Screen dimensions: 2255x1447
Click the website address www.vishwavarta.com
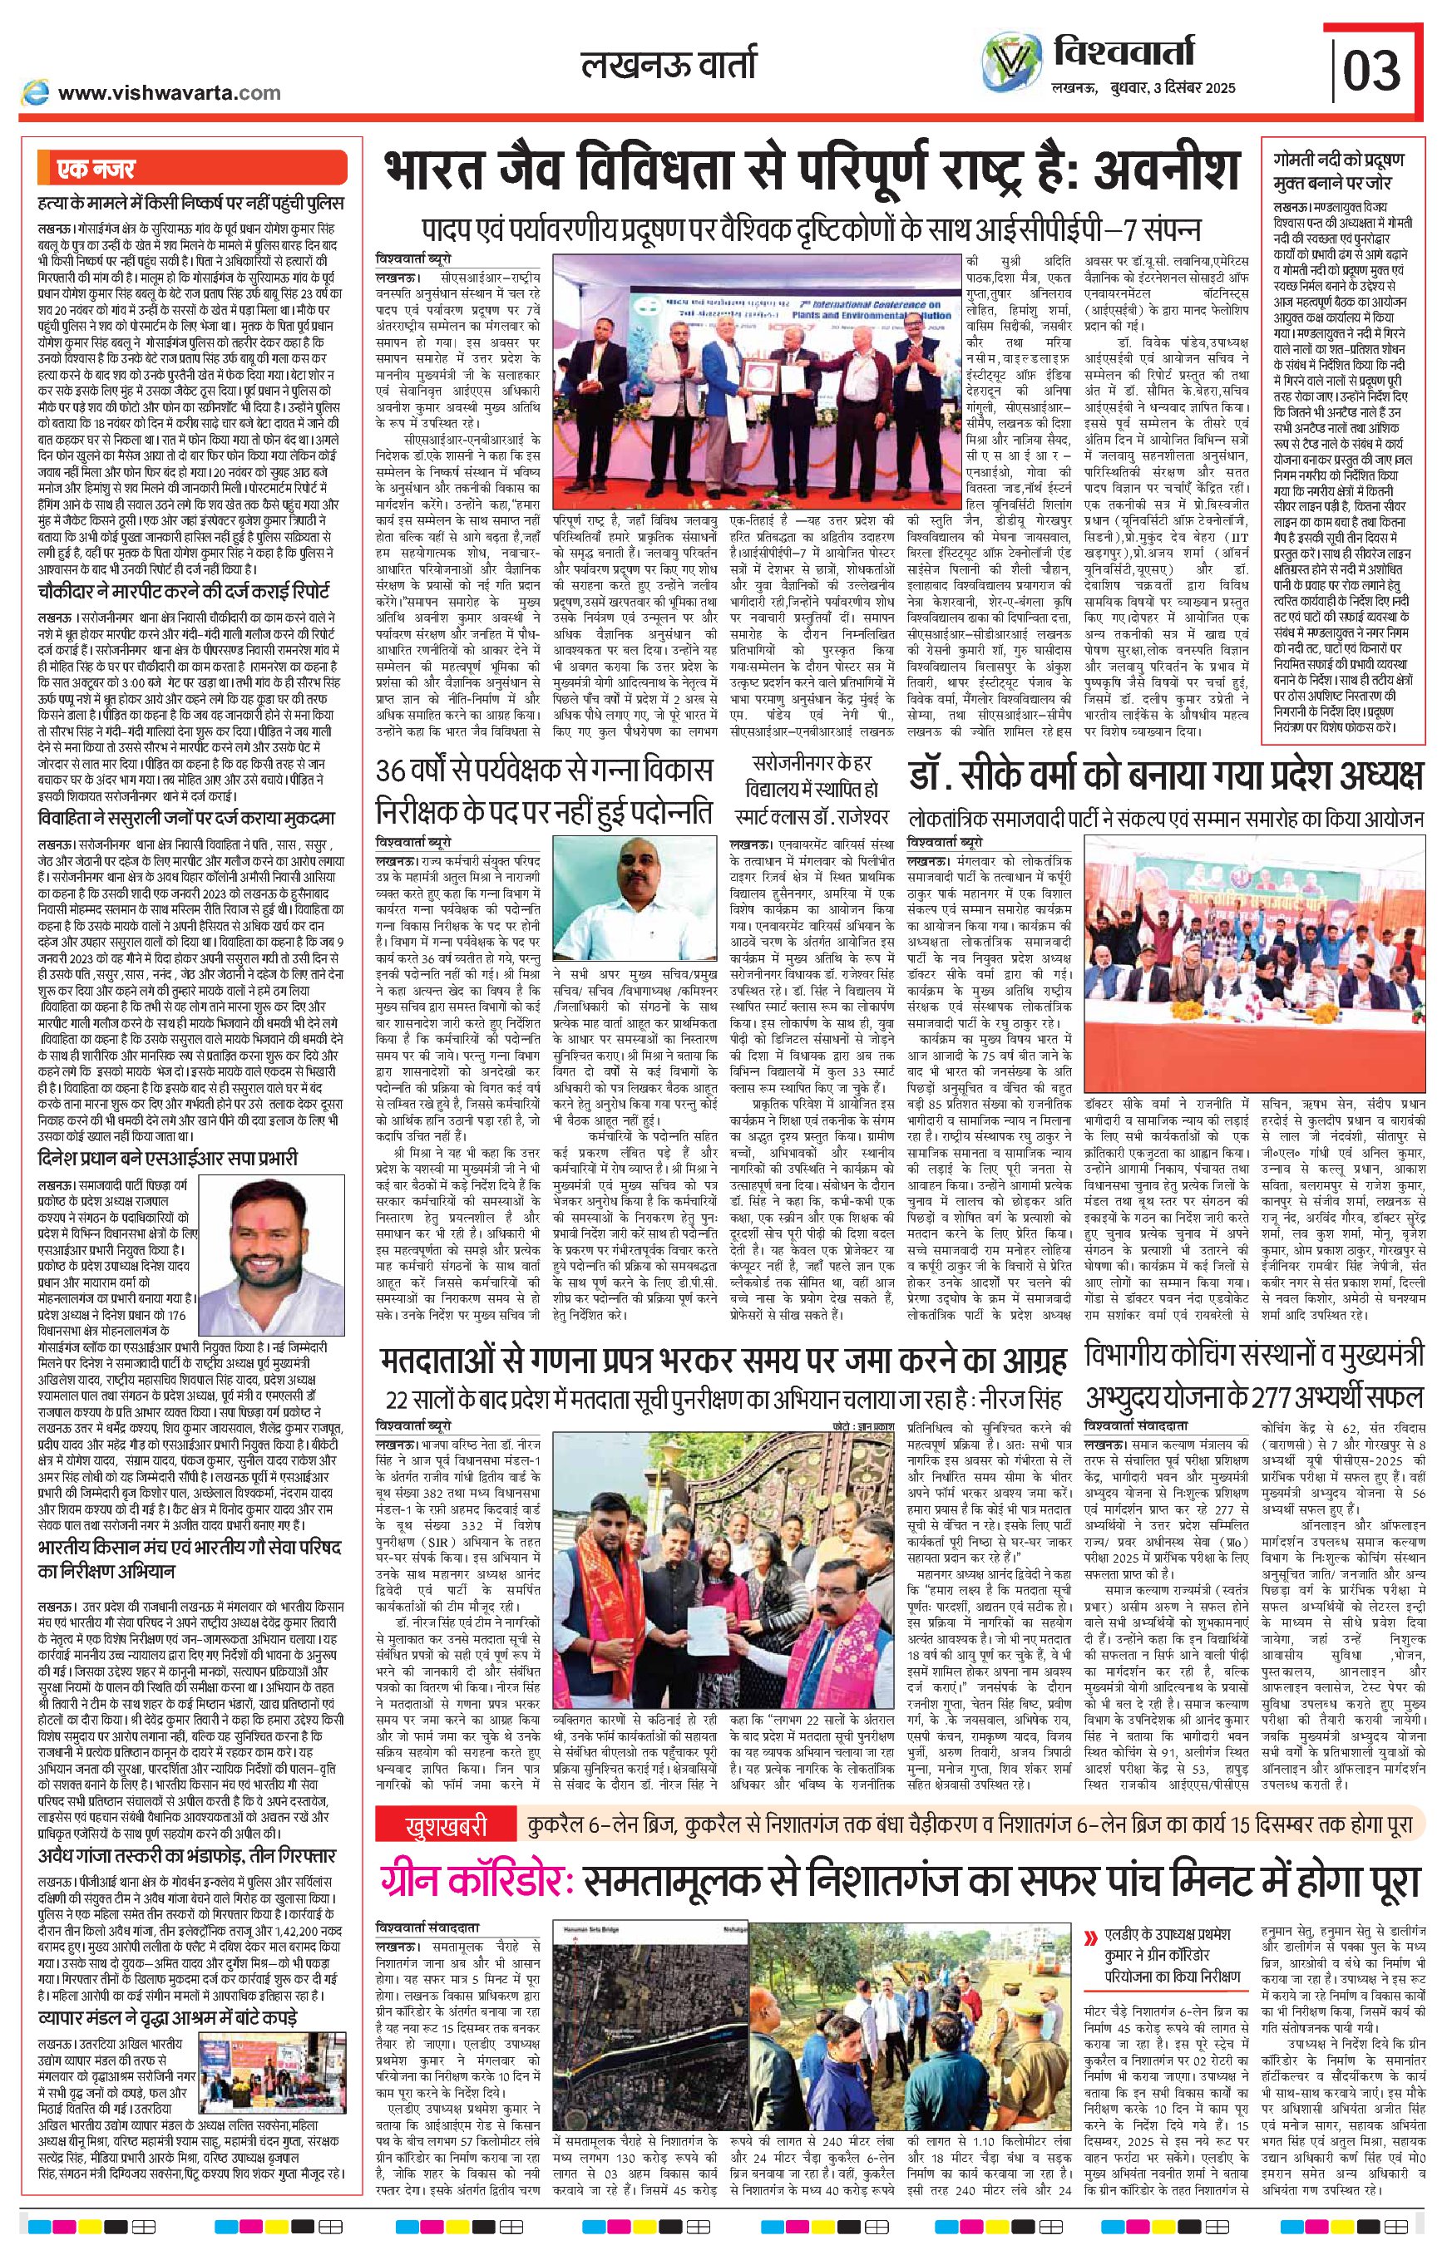tap(169, 92)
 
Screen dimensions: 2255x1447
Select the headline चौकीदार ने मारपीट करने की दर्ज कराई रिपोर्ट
tap(178, 591)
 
